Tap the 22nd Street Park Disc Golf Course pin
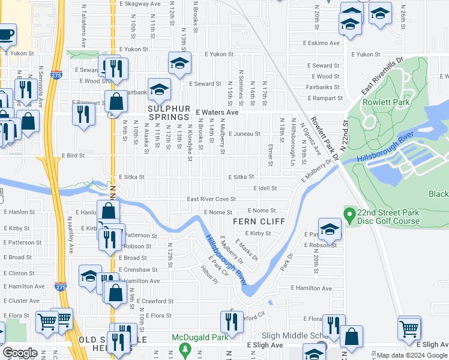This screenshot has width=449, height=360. tap(348, 214)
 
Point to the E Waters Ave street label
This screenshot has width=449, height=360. tap(217, 112)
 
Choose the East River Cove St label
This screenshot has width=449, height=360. tap(211, 199)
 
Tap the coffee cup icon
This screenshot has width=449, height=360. tap(6, 35)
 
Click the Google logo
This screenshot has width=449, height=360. tap(20, 353)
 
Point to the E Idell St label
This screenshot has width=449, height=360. tap(264, 188)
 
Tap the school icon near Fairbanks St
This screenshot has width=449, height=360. tap(158, 89)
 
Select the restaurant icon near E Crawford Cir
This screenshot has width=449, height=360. tap(231, 322)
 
